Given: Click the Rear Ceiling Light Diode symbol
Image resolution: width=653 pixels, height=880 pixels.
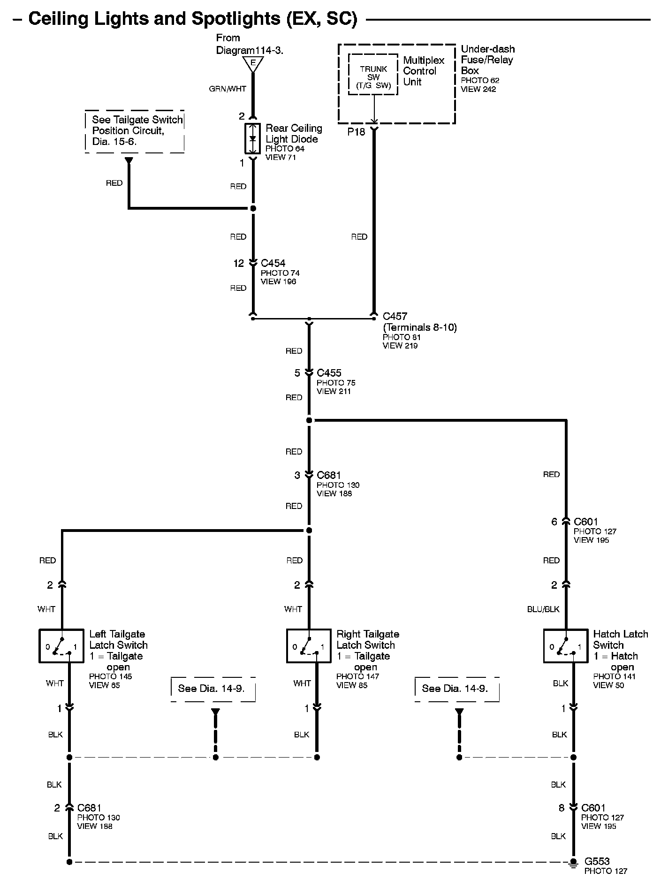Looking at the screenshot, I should tap(252, 139).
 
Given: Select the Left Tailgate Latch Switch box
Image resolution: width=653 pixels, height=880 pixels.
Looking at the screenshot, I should tap(61, 646).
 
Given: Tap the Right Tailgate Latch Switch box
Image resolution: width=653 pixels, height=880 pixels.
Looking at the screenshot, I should tap(309, 646).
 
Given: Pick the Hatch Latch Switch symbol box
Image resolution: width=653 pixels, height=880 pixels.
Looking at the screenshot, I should tap(566, 646).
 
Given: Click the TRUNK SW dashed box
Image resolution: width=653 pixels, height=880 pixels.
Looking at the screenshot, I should tap(373, 75).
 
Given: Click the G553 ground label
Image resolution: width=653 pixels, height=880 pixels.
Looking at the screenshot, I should tap(597, 861).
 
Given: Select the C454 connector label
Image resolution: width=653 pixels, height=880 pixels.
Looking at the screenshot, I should tap(273, 263).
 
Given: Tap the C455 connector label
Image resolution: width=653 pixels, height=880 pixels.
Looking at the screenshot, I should tap(329, 373).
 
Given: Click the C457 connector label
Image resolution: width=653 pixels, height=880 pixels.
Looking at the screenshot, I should tap(395, 316).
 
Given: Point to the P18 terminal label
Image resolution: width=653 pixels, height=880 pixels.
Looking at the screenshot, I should tap(356, 132).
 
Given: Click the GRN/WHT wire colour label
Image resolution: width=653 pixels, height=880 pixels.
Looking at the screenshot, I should tap(228, 89).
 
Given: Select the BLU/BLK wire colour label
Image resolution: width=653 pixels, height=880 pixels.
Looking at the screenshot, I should tap(543, 609).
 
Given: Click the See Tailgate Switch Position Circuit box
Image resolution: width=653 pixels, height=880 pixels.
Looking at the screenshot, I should tap(135, 131).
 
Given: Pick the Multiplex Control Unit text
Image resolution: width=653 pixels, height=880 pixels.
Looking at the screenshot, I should tap(423, 71).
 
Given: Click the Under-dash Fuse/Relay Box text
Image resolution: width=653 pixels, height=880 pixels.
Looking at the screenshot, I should tap(487, 60).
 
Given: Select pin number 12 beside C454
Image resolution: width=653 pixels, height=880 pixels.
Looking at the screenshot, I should tap(239, 264).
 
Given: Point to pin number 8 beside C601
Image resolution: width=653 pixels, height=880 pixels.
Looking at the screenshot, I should tap(562, 808).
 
